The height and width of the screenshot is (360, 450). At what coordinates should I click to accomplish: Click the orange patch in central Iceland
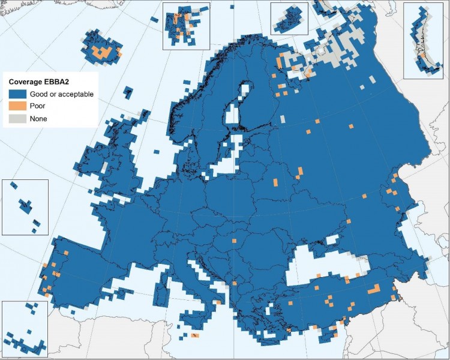pyautogui.click(x=103, y=53)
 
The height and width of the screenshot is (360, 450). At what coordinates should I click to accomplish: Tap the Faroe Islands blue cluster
pyautogui.click(x=127, y=93)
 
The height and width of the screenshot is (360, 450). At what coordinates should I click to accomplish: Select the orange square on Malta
pyautogui.click(x=194, y=335)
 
